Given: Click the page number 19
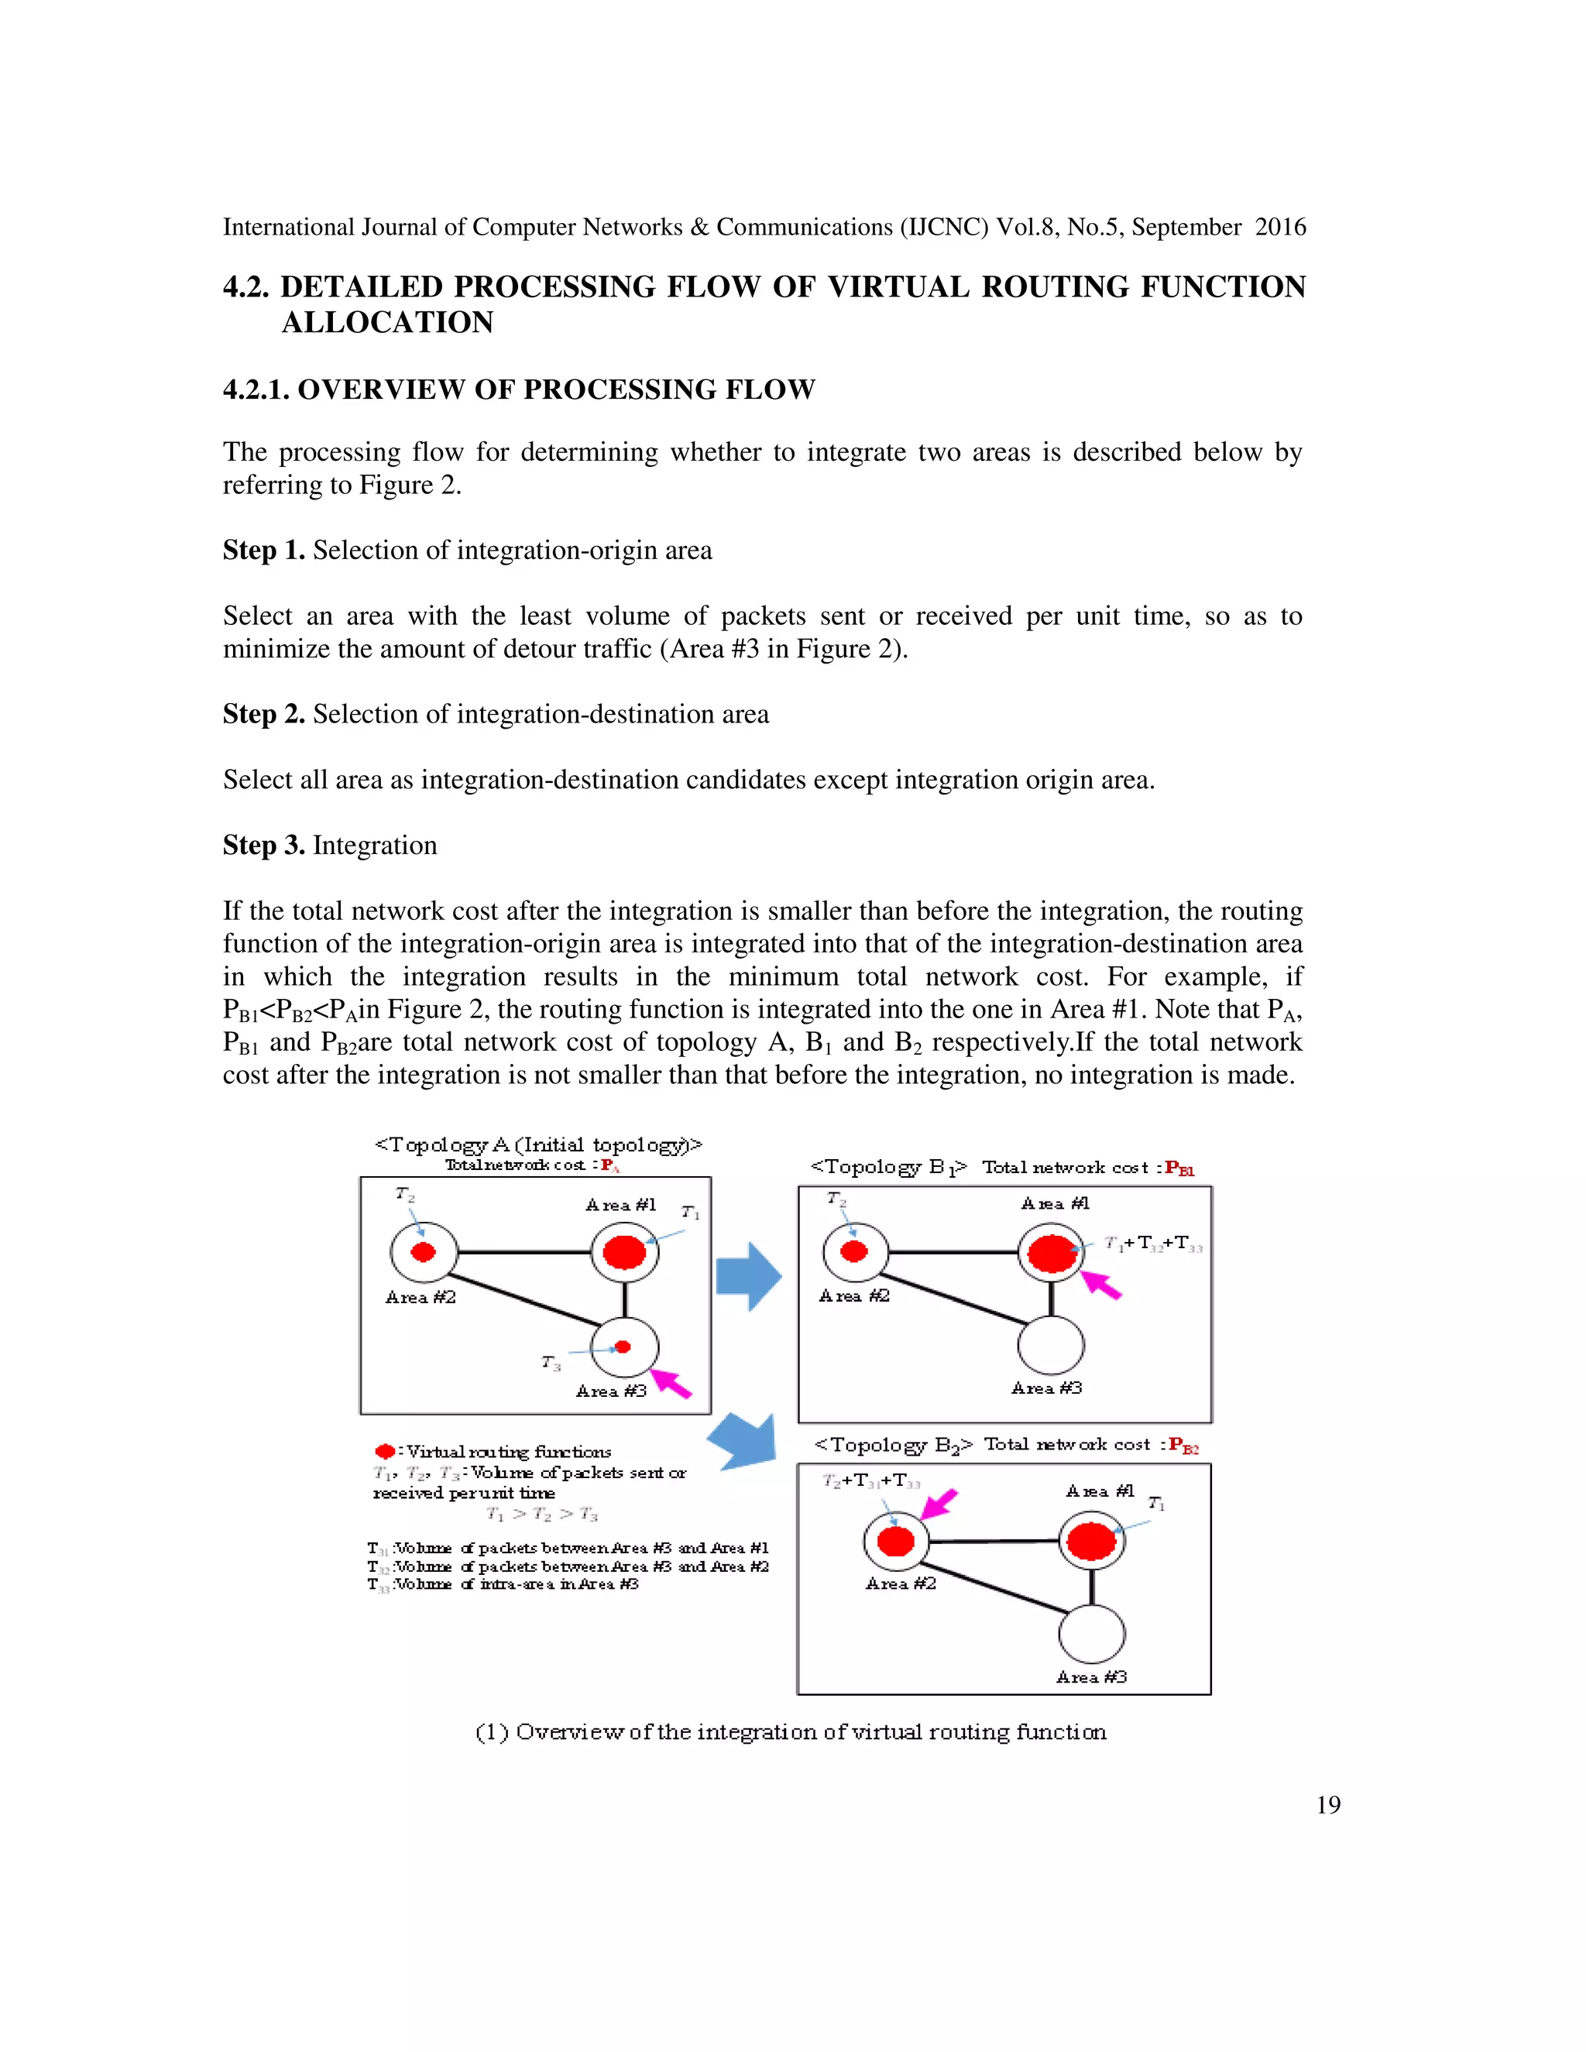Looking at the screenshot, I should click(x=1327, y=1804).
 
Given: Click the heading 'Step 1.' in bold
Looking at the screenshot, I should click(x=263, y=551).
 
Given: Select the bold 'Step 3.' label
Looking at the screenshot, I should click(x=263, y=846).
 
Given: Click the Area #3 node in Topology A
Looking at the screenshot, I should click(x=625, y=1347).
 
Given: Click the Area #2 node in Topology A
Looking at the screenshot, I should click(x=424, y=1252).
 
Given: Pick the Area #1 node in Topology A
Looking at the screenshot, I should click(x=625, y=1252).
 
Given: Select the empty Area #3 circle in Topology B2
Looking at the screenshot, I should click(x=1091, y=1634).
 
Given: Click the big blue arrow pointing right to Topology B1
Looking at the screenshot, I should click(x=748, y=1276).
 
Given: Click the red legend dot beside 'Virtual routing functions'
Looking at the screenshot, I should click(x=384, y=1452).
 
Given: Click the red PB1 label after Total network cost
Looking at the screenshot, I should click(x=1179, y=1168).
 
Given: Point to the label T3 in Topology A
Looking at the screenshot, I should click(x=551, y=1362).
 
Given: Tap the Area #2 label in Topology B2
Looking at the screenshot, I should click(x=900, y=1584).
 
